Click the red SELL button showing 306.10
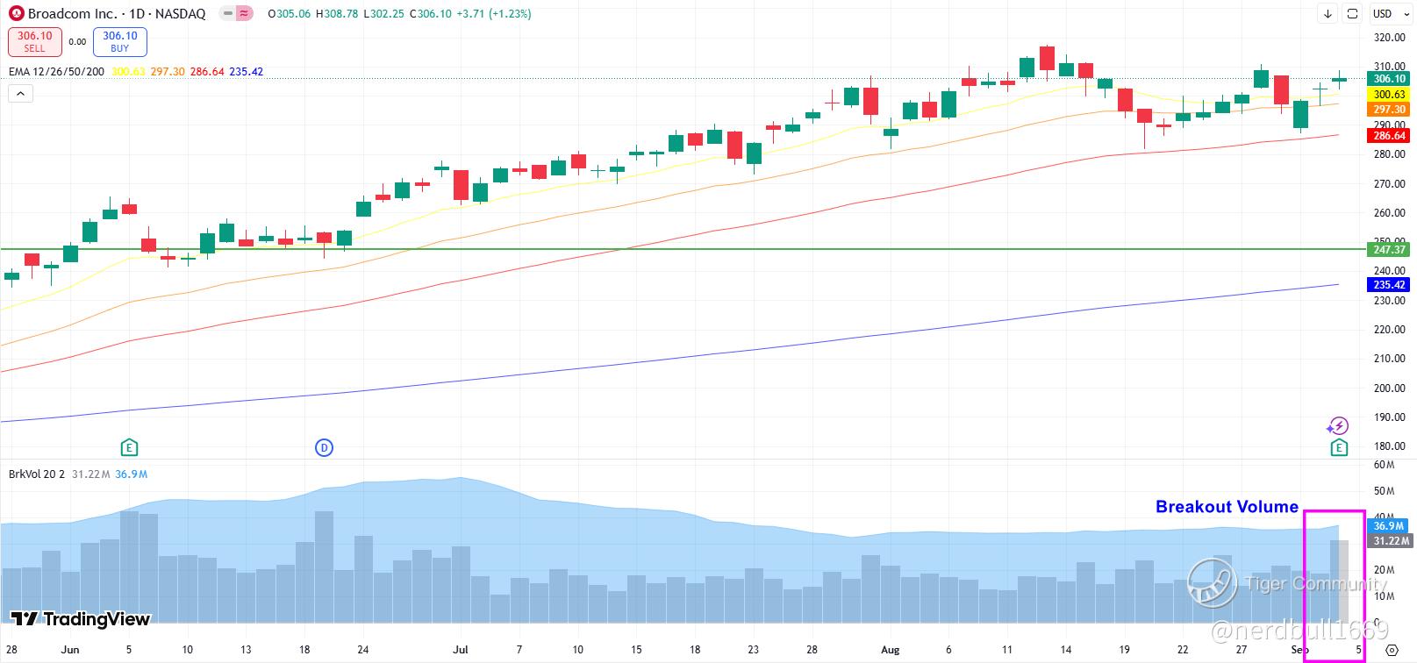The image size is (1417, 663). click(x=34, y=41)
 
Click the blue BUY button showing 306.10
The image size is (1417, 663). click(x=119, y=41)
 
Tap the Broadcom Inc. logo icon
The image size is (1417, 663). click(x=16, y=14)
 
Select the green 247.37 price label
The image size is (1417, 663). click(x=1389, y=250)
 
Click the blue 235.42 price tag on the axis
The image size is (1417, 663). click(x=1389, y=285)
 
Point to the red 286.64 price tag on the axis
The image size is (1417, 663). click(x=1389, y=136)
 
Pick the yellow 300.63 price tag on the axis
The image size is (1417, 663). click(x=1389, y=95)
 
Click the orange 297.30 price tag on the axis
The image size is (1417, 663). click(x=1389, y=110)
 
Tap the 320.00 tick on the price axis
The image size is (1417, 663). click(x=1389, y=38)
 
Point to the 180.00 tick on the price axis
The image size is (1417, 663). click(x=1389, y=446)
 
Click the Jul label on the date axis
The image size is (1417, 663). click(x=460, y=650)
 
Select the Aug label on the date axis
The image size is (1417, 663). click(x=891, y=650)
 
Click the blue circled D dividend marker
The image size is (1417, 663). click(x=324, y=448)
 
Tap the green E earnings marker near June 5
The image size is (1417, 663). click(x=129, y=448)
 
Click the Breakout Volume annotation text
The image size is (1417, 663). click(x=1226, y=507)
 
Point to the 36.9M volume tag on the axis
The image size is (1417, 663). click(x=1389, y=526)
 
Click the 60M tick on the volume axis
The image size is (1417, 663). click(x=1384, y=465)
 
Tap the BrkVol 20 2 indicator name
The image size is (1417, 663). click(x=36, y=474)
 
